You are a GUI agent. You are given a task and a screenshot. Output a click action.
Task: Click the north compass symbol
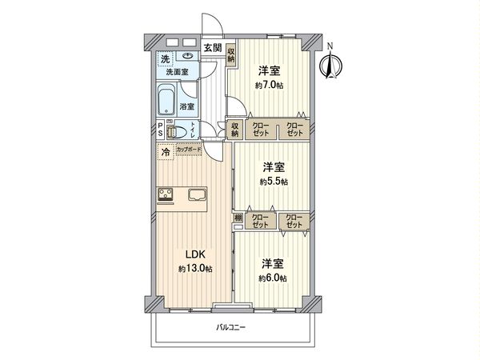[x=329, y=63]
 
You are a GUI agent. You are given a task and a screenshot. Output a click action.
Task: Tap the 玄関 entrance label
[x=213, y=49]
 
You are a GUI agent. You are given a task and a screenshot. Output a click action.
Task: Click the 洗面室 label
[x=177, y=73]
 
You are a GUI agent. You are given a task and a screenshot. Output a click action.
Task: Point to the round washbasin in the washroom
[x=188, y=57]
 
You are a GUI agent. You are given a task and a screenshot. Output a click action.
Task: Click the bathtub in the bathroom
[x=169, y=102]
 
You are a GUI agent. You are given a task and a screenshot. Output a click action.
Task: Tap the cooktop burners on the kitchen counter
[x=167, y=194]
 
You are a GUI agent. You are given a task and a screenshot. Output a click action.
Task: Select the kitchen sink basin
[x=198, y=194]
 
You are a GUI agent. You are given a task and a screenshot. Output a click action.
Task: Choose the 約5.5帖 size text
[x=273, y=182]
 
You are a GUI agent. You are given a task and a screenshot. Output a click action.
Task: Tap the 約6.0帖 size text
[x=273, y=277]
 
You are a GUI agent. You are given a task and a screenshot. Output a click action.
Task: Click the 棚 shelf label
[x=238, y=217]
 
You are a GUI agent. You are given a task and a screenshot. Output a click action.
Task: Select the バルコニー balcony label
[x=231, y=326]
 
